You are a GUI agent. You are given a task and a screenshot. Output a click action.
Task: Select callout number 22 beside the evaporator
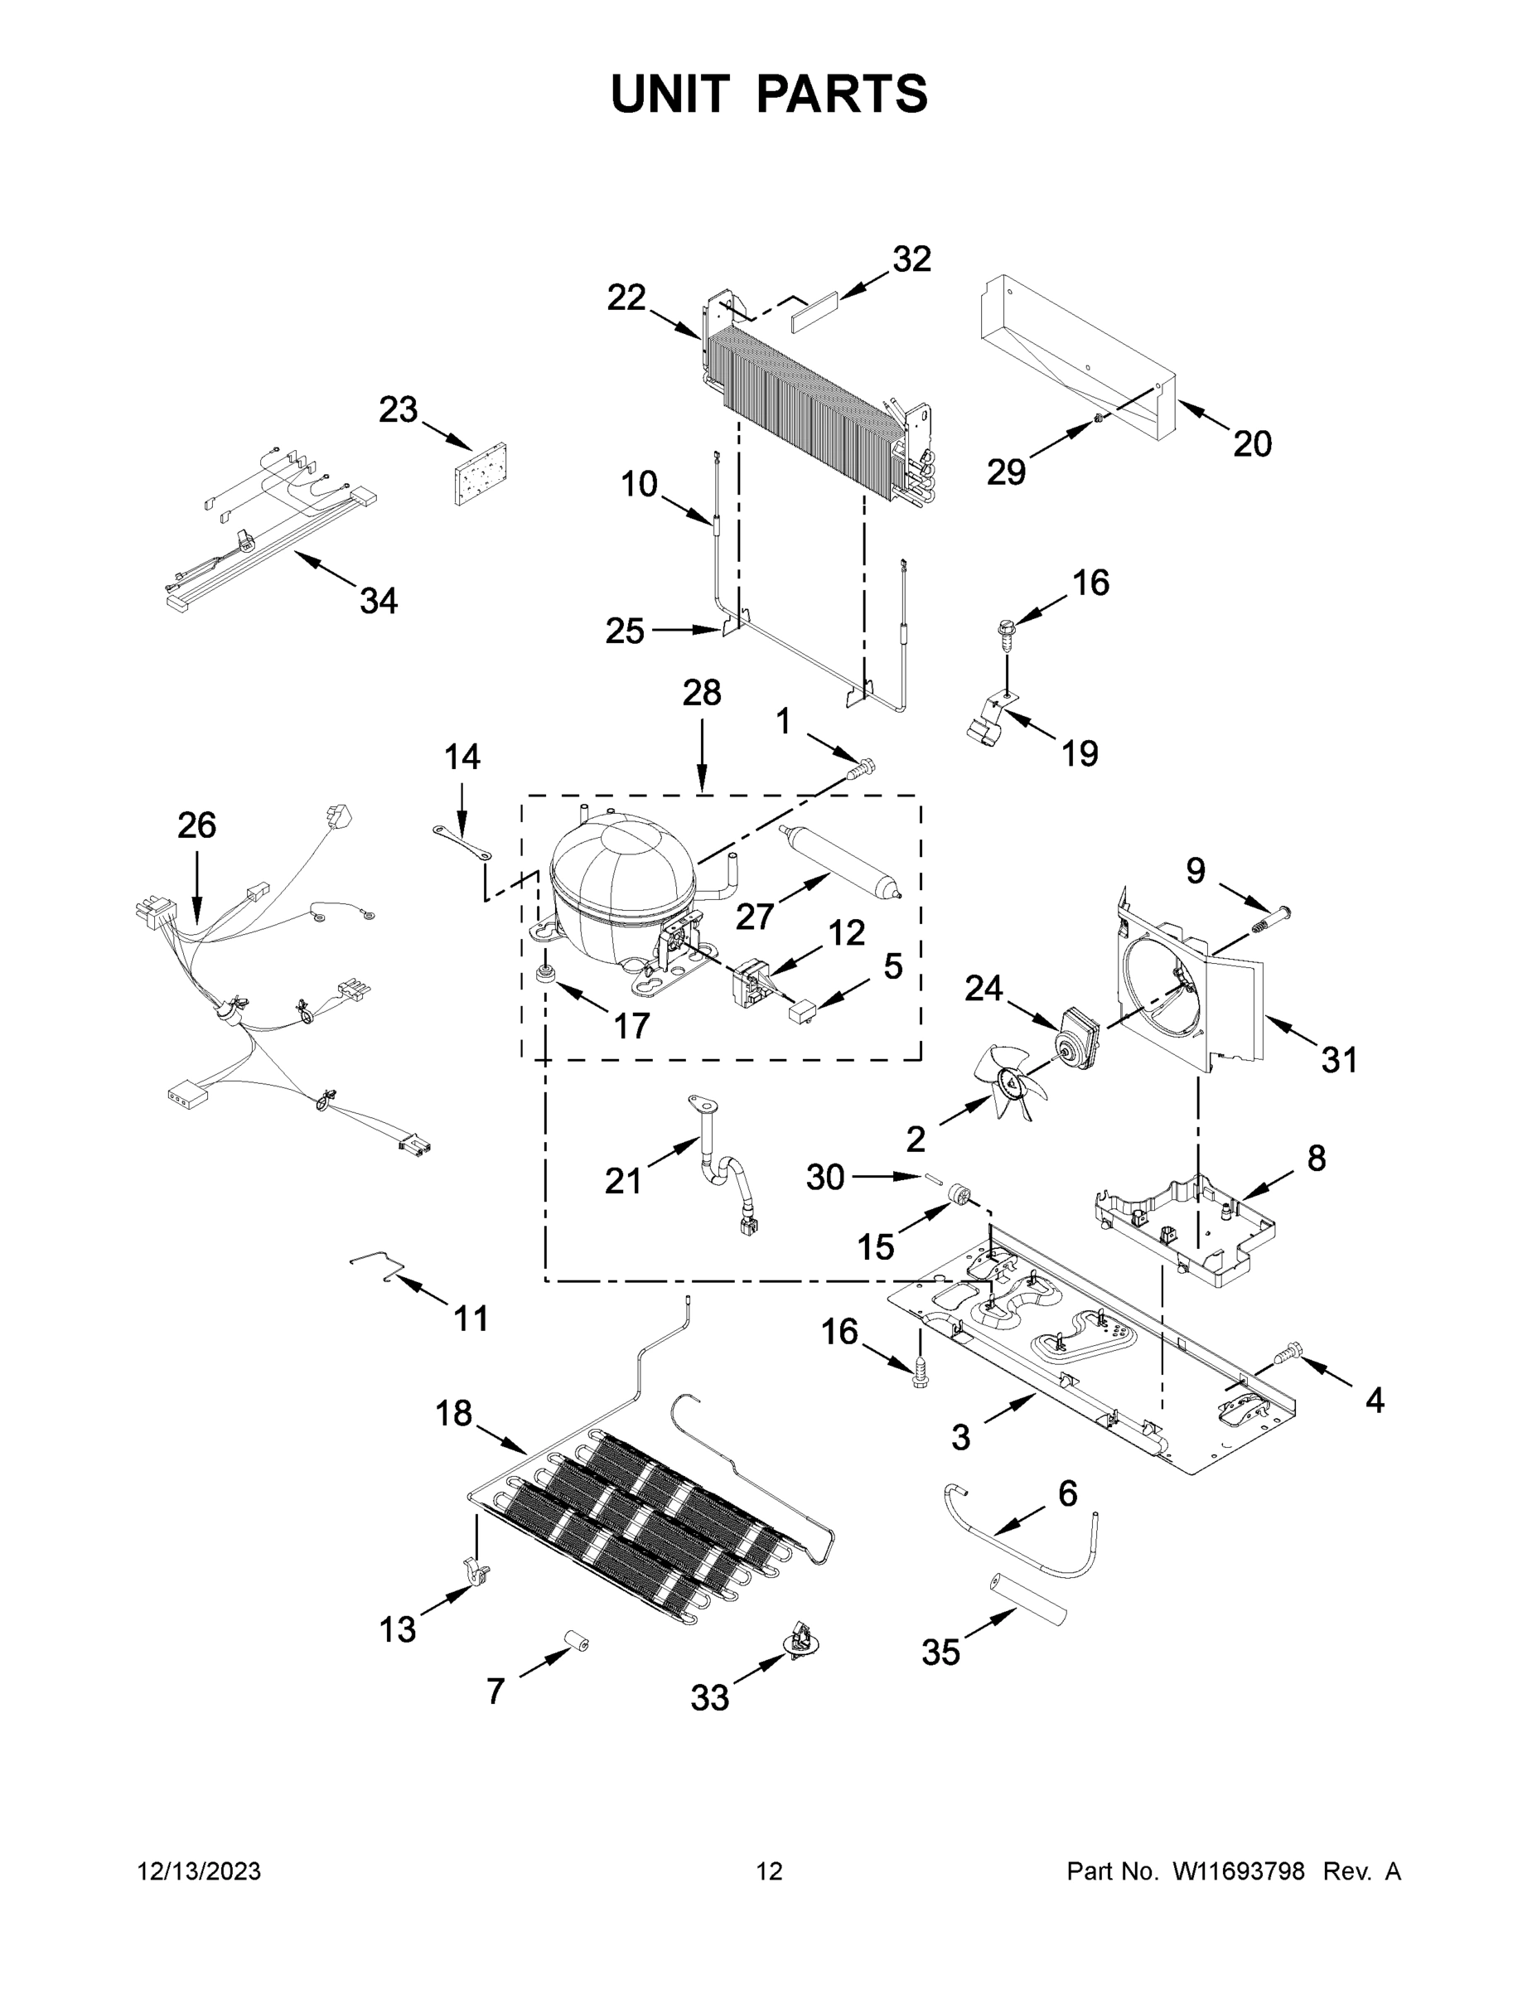click(x=626, y=298)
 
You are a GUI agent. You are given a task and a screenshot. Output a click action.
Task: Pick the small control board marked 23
click(x=480, y=473)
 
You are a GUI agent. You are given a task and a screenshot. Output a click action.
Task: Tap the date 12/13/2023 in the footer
click(x=200, y=1871)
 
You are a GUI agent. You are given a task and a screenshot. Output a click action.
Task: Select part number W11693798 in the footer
click(x=1239, y=1871)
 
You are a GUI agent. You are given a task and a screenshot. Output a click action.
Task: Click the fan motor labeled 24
click(x=1075, y=1033)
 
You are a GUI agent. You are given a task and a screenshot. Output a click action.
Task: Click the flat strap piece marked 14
click(x=462, y=842)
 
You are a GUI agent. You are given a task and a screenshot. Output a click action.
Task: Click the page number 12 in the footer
click(x=770, y=1871)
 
